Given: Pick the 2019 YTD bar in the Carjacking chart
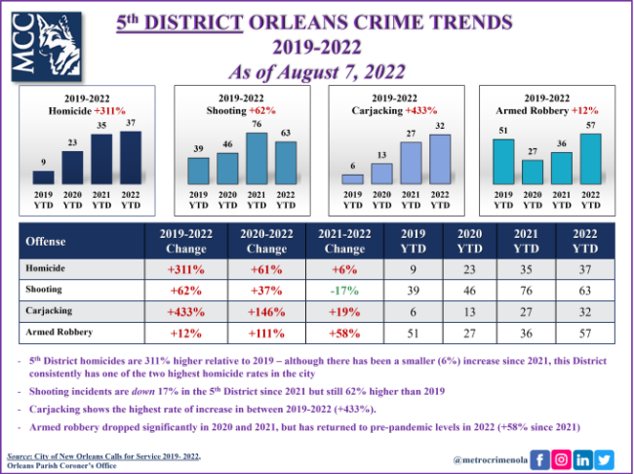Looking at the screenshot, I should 352,178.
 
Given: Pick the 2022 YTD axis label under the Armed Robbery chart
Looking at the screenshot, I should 588,200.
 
